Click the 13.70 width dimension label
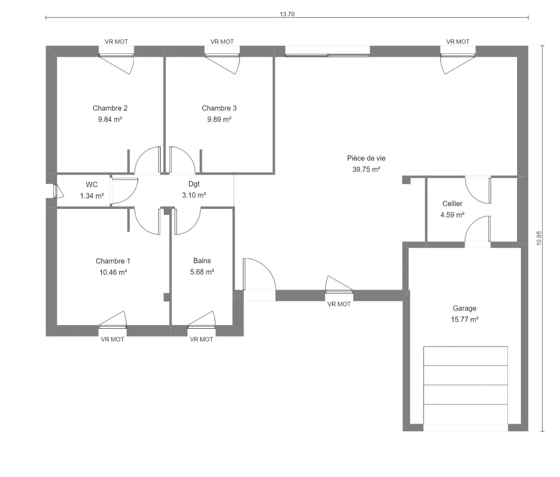(x=287, y=14)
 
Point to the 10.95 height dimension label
(x=539, y=238)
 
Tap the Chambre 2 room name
(x=110, y=108)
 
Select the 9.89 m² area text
(x=219, y=120)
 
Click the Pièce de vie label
(x=366, y=158)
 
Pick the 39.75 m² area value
(x=366, y=169)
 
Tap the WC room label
(x=92, y=185)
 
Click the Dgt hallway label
(x=194, y=184)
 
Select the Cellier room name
(x=452, y=204)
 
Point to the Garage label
(x=464, y=308)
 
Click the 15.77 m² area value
(x=464, y=320)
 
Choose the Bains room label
(x=202, y=261)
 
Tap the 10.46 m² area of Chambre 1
(x=113, y=272)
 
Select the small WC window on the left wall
(x=55, y=191)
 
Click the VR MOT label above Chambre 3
(x=222, y=42)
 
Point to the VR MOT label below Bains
(x=201, y=339)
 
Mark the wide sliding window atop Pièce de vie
(x=327, y=55)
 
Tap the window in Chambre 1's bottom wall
(x=112, y=327)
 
